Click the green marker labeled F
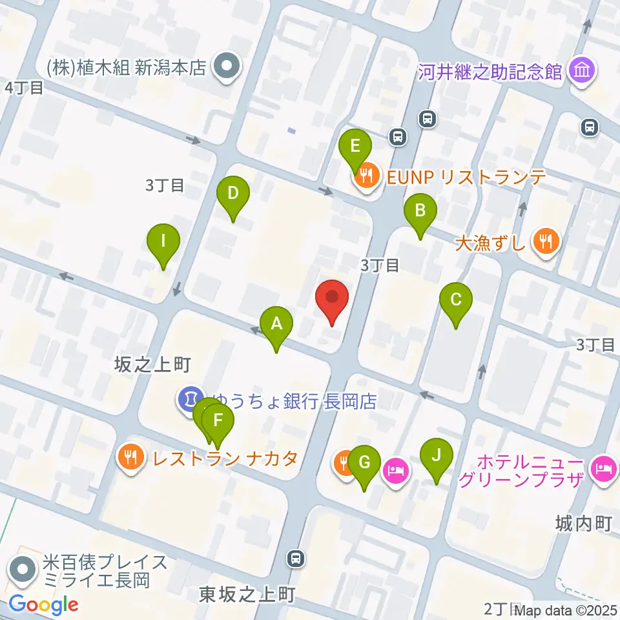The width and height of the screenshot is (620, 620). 218,424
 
